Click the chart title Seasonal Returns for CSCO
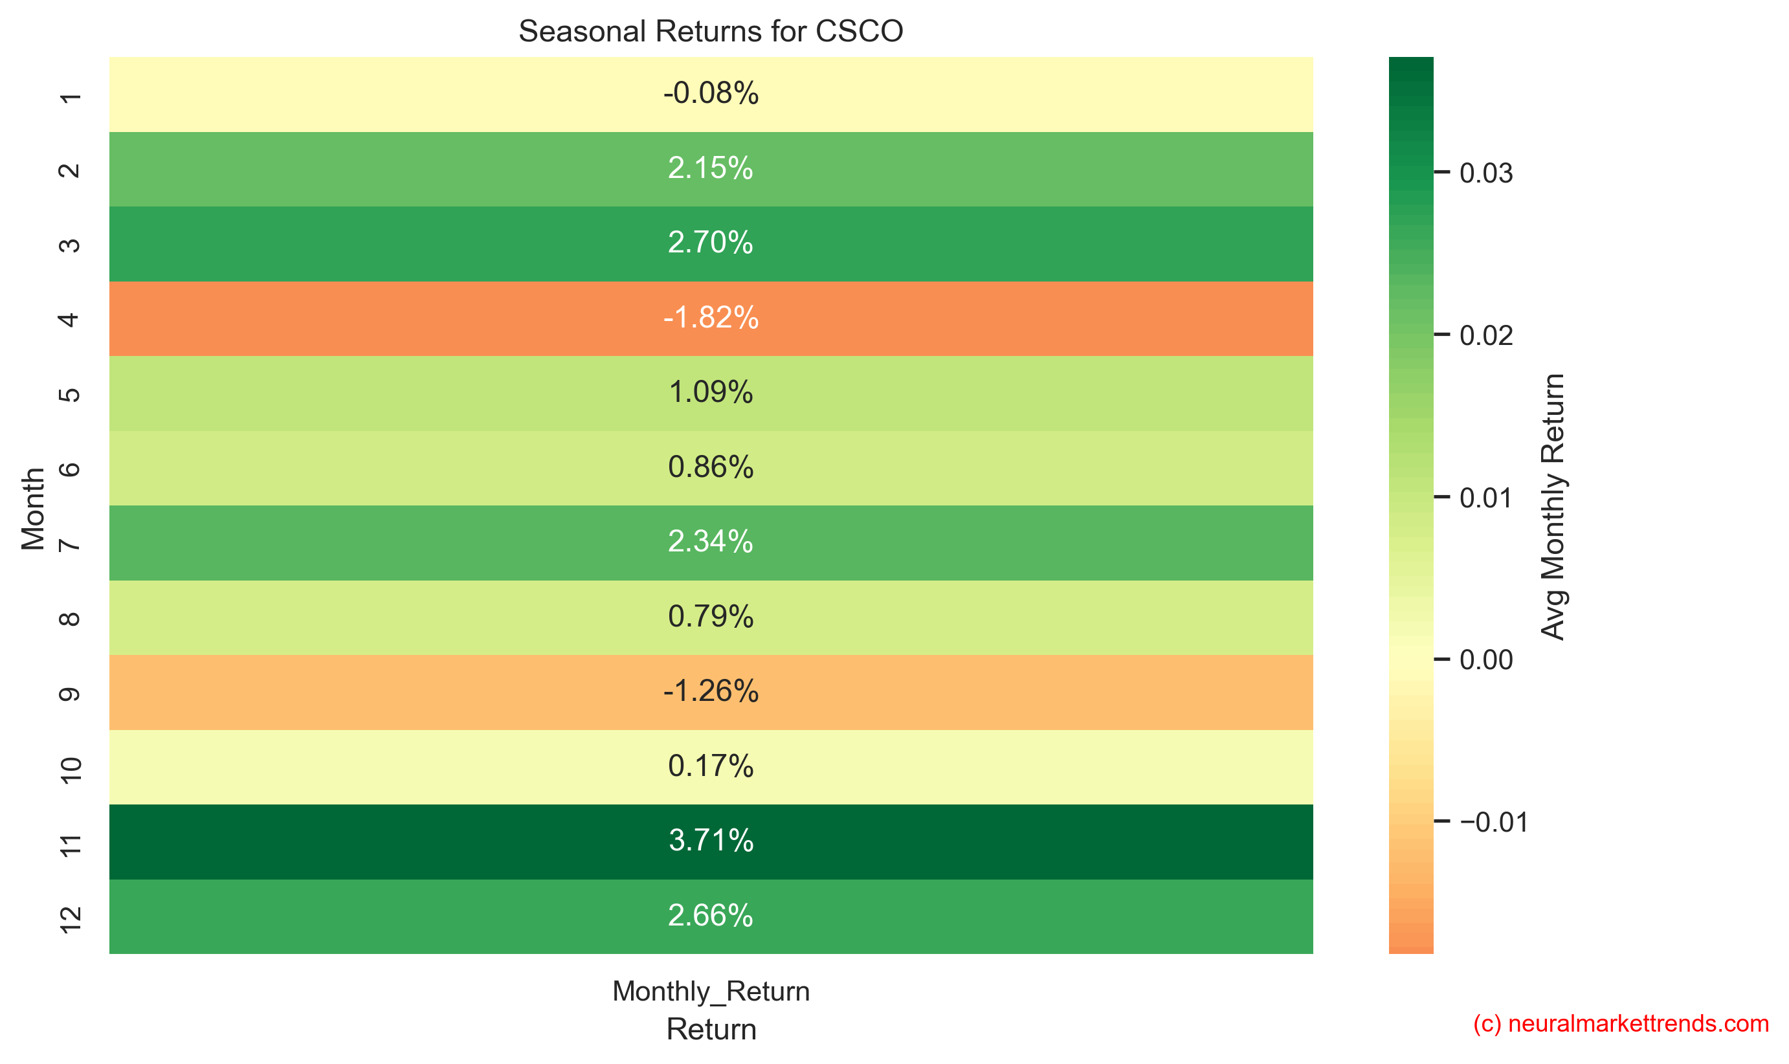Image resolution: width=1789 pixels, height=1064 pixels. (x=711, y=32)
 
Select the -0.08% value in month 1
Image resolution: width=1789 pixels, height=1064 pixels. (x=711, y=93)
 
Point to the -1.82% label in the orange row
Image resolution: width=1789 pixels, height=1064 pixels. (x=711, y=318)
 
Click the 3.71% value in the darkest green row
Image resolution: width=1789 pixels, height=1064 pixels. (x=711, y=840)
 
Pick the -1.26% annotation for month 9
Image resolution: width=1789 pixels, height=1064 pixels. (x=711, y=691)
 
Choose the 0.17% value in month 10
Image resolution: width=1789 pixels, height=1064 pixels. (x=711, y=766)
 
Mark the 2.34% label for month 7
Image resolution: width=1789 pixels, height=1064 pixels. (x=711, y=541)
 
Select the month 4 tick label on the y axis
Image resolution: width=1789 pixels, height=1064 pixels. (x=69, y=319)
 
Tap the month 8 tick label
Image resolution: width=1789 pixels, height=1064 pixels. (x=69, y=618)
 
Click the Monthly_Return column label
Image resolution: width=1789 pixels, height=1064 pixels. (x=711, y=991)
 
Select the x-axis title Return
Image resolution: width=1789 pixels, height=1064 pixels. (x=711, y=1029)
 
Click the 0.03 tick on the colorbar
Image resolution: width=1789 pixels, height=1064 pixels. (x=1485, y=173)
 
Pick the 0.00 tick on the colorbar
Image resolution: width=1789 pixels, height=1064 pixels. (x=1485, y=659)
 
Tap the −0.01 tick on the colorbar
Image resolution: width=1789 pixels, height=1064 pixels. (x=1493, y=822)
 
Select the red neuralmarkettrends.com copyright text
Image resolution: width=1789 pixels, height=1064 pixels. (x=1621, y=1023)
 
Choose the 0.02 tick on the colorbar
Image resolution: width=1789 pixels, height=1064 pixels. (x=1485, y=335)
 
